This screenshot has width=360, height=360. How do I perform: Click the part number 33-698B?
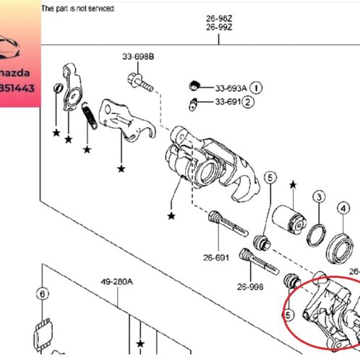coord(137,56)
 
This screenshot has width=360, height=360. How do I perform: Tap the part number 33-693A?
coord(231,88)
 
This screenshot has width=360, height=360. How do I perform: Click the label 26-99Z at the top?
coord(219,27)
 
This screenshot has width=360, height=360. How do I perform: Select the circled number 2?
coord(249,102)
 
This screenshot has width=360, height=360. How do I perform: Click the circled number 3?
coord(318,198)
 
